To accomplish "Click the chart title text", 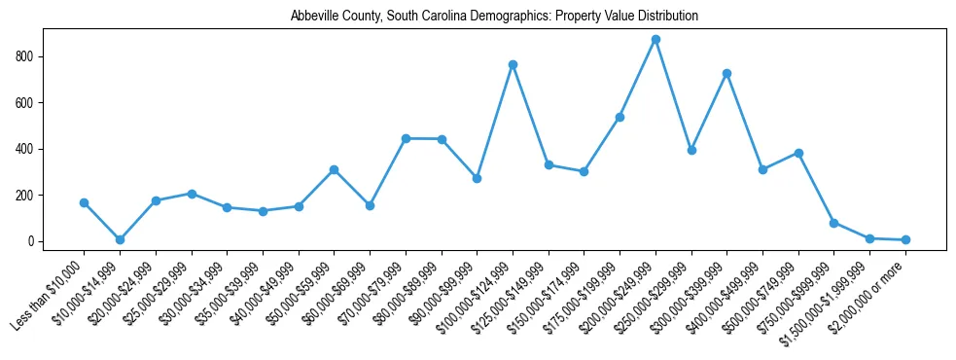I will [x=494, y=17].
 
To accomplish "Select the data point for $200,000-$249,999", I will [x=655, y=40].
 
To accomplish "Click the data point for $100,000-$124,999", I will [x=513, y=65].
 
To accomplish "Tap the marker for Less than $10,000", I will [x=84, y=202].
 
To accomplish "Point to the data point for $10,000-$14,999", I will [x=120, y=239].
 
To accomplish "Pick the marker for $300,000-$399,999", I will [x=726, y=74].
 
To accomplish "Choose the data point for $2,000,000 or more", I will [x=905, y=239].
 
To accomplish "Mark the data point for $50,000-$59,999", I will [x=334, y=169].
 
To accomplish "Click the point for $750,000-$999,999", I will [x=833, y=223].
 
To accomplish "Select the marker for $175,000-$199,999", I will [x=620, y=117].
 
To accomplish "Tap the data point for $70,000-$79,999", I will [x=406, y=138].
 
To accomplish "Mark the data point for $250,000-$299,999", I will [x=691, y=150].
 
